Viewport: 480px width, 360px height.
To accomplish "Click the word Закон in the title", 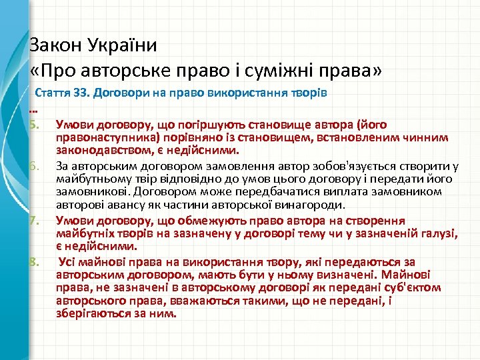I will (x=55, y=45).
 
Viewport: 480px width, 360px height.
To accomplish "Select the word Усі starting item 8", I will (x=69, y=260).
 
